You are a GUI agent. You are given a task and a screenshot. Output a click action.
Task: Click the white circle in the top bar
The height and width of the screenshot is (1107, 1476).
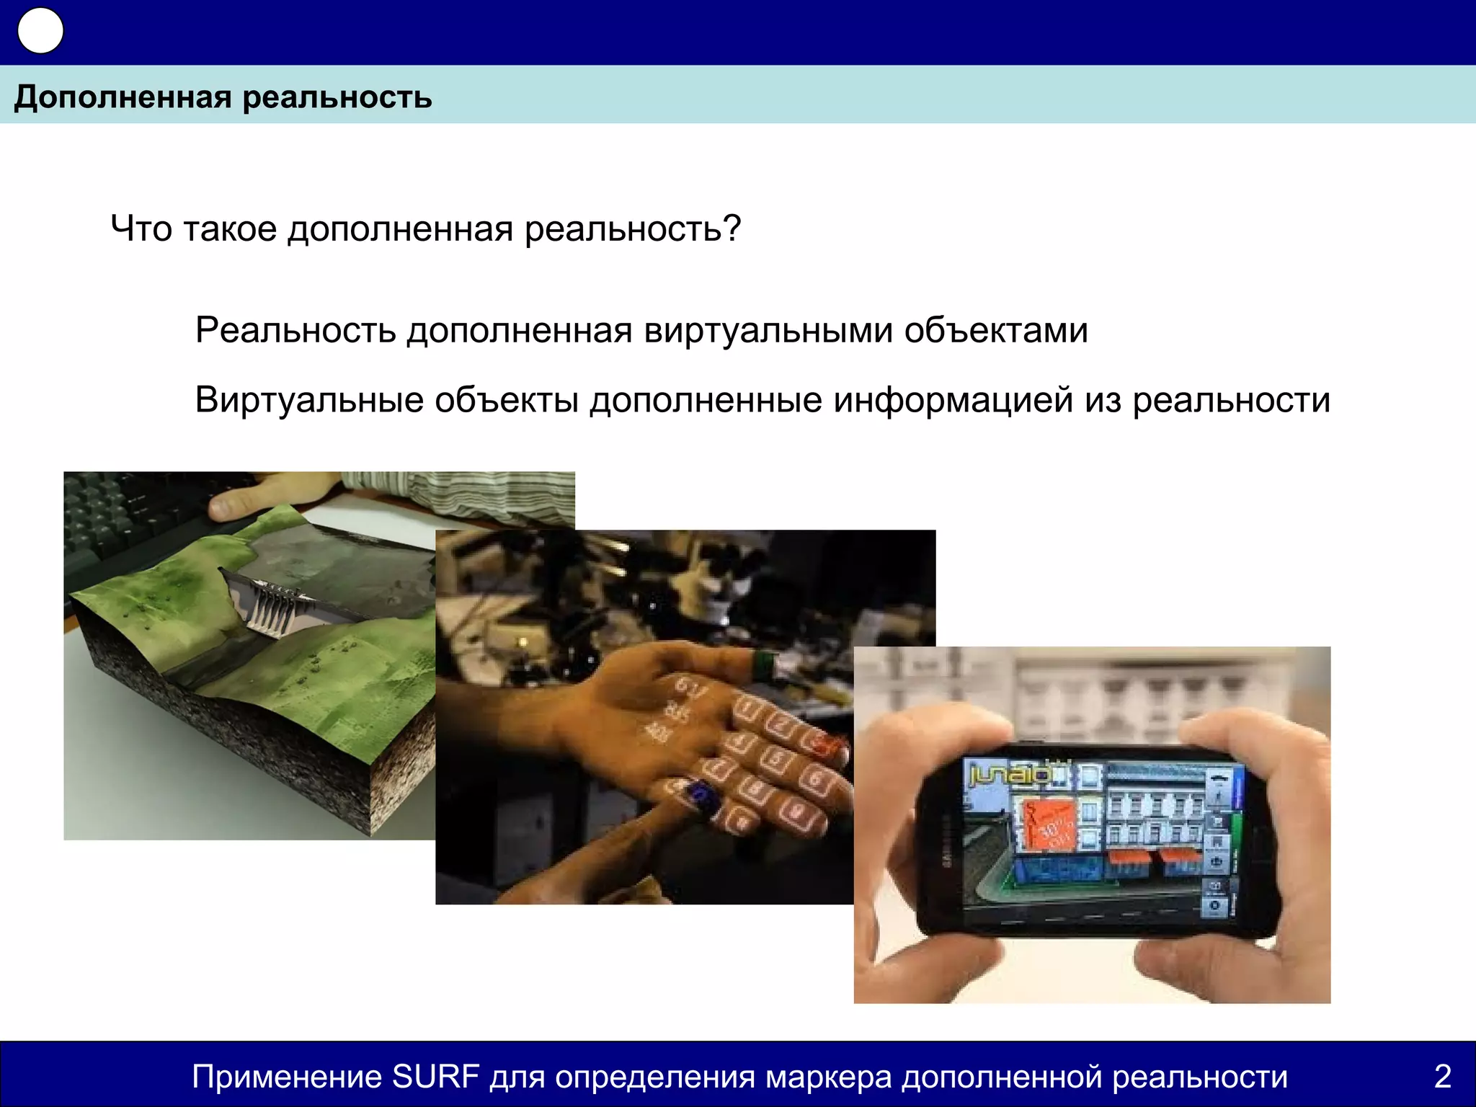pos(40,31)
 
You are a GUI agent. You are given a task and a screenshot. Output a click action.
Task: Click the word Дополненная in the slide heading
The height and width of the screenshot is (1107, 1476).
pos(122,97)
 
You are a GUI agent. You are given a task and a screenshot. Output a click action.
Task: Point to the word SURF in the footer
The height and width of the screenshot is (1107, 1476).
pos(435,1077)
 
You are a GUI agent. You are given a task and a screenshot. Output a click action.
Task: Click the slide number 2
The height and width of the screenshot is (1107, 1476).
pos(1442,1077)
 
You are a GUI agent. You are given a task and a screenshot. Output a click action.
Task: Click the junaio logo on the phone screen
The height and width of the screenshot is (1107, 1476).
pos(1009,775)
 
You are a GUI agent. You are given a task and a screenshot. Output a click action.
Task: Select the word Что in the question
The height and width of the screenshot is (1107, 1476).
pos(141,228)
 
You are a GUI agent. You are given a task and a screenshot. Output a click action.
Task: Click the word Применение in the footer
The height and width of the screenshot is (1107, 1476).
pos(287,1077)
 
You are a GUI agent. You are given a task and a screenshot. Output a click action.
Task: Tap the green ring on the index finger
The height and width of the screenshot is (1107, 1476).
pos(767,664)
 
